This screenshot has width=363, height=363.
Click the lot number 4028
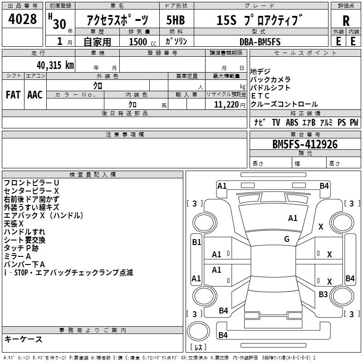click(23, 20)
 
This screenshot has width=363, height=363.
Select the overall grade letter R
click(346, 21)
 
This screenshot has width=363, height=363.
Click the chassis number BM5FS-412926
click(305, 144)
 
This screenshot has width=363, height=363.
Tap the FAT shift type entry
click(13, 94)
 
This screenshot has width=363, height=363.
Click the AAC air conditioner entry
click(35, 94)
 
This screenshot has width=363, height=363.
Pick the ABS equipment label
click(291, 123)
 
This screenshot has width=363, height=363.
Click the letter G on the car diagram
click(287, 239)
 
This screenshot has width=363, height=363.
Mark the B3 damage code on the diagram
click(323, 294)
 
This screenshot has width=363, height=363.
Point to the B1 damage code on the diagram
click(196, 242)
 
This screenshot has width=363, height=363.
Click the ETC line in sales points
click(260, 96)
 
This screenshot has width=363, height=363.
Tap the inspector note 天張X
click(14, 224)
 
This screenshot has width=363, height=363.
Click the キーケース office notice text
click(23, 339)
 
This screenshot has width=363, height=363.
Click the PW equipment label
click(354, 123)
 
